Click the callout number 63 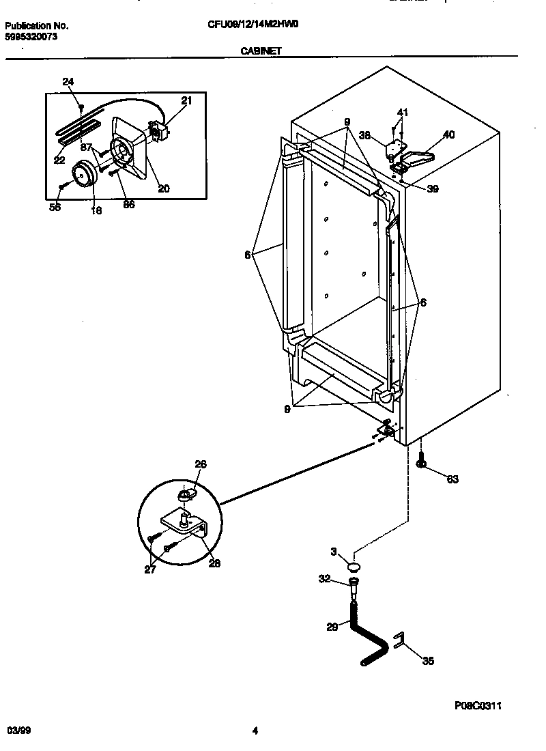click(x=452, y=479)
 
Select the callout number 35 click(x=428, y=660)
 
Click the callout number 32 click(x=324, y=579)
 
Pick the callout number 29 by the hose click(x=332, y=627)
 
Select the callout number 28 click(x=214, y=563)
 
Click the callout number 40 click(x=448, y=134)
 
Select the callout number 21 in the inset click(x=186, y=100)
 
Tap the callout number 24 click(x=68, y=82)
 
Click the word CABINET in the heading click(x=261, y=51)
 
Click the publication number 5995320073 click(x=31, y=37)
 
